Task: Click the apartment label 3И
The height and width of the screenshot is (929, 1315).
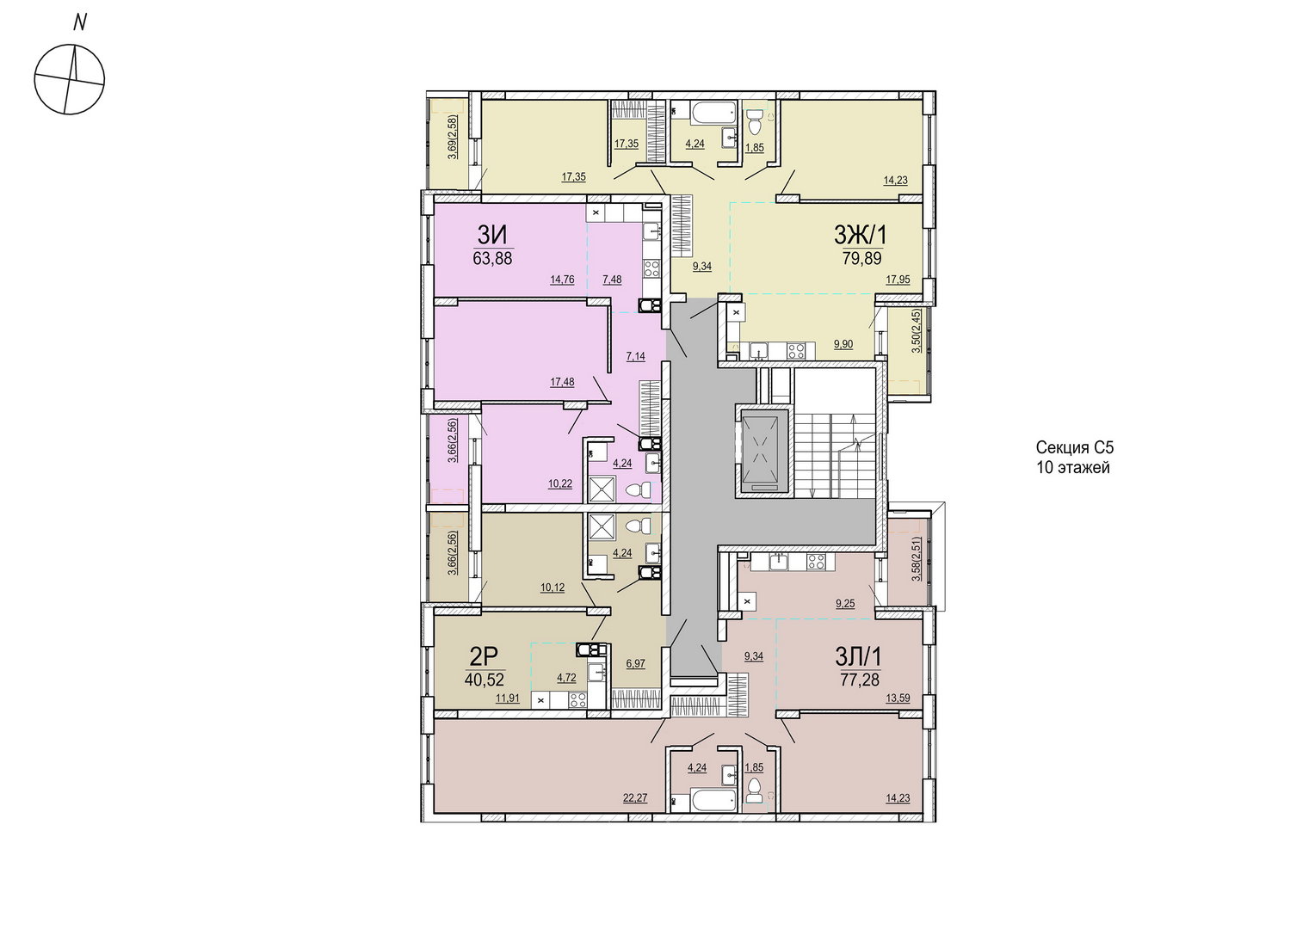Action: click(492, 236)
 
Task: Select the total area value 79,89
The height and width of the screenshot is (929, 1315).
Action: click(861, 258)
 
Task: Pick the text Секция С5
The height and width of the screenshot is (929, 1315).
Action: click(1074, 448)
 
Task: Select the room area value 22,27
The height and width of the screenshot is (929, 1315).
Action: click(635, 798)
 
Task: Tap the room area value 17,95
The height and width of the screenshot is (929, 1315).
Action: click(898, 280)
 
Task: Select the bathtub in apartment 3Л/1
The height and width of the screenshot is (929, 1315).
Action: click(713, 801)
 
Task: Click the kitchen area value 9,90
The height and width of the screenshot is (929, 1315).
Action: click(843, 344)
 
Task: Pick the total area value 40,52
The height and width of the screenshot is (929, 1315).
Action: click(485, 680)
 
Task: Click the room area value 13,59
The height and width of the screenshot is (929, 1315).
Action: click(898, 698)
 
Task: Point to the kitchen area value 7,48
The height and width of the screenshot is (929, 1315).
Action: click(612, 280)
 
